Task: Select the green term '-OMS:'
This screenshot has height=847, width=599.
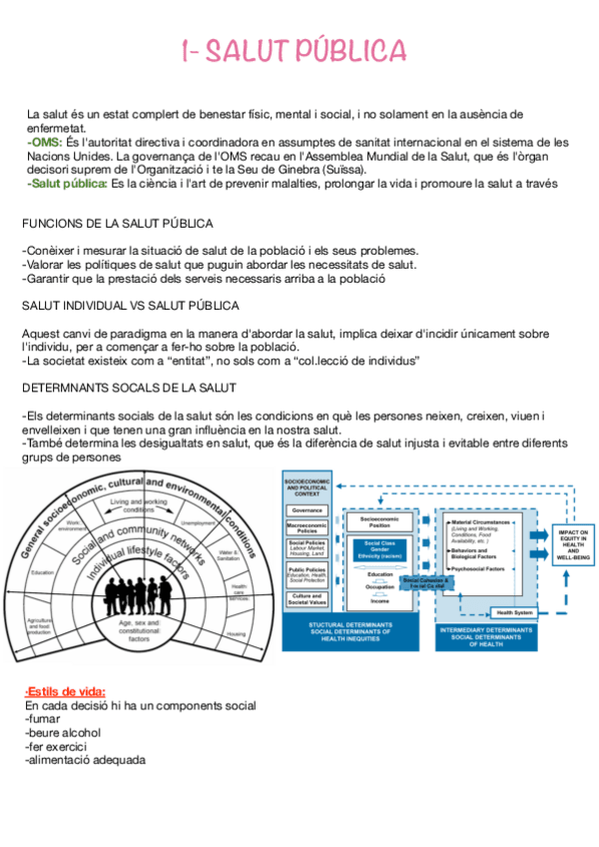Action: (45, 143)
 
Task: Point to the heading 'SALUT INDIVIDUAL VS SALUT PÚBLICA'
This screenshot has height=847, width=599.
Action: (130, 305)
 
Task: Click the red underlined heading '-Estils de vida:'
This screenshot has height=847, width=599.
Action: (65, 691)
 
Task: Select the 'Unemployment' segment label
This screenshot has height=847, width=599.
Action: (200, 522)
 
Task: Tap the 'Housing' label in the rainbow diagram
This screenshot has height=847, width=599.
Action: (237, 634)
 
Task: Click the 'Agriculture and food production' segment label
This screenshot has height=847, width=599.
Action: (41, 626)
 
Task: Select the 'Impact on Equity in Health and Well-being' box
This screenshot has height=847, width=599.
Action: (574, 544)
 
